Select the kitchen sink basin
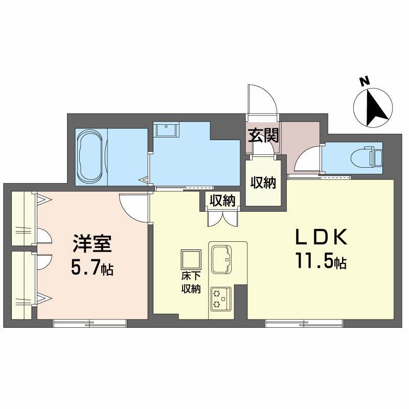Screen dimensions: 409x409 click(221, 259)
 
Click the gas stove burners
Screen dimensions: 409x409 click(221, 299)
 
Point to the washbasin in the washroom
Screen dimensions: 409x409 click(166, 130)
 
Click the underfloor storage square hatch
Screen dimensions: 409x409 click(191, 260)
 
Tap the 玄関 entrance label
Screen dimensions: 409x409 click(263, 135)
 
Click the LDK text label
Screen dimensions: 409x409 click(321, 236)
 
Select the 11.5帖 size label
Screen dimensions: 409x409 click(321, 262)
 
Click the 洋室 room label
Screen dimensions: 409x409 click(93, 243)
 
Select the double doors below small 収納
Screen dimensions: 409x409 click(223, 218)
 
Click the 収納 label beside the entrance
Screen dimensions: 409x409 click(263, 183)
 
